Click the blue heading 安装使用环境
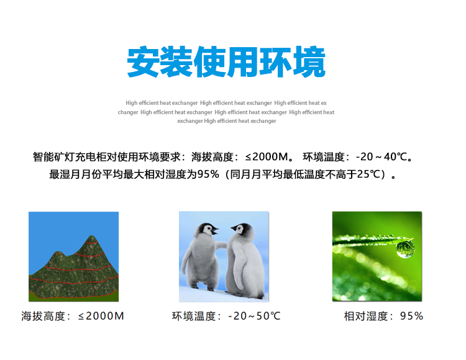[x=226, y=61]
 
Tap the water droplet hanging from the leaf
[x=405, y=249]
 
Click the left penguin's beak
[x=214, y=230]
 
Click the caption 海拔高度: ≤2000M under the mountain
[x=73, y=316]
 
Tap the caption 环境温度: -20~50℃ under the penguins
[x=226, y=316]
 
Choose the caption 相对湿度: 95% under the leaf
[x=383, y=316]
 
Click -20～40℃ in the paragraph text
[x=381, y=156]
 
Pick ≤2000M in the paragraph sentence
[x=267, y=156]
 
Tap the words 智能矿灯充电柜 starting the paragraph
[x=70, y=156]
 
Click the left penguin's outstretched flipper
[x=221, y=245]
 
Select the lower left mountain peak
[x=57, y=253]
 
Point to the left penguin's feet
[x=203, y=287]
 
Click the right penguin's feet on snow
[x=250, y=295]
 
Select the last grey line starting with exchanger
[x=226, y=121]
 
